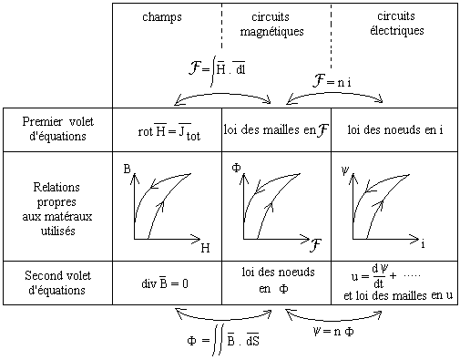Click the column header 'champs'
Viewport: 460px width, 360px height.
point(162,17)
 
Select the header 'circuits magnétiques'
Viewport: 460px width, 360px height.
point(271,25)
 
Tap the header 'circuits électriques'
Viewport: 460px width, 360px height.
point(397,24)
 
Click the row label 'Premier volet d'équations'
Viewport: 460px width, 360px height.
point(57,129)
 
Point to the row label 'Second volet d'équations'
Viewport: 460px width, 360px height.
point(57,283)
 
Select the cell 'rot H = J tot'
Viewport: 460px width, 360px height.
point(169,131)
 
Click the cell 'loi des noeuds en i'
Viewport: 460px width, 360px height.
point(395,130)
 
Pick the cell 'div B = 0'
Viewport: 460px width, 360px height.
point(165,283)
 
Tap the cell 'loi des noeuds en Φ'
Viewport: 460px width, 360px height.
point(278,280)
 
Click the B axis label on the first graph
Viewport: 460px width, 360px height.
point(128,169)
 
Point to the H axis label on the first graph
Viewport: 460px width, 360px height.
point(206,248)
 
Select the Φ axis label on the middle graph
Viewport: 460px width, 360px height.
point(236,168)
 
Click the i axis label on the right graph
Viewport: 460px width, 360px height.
point(423,244)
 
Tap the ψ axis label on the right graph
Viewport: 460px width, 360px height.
point(345,171)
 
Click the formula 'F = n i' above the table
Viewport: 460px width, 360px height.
point(332,81)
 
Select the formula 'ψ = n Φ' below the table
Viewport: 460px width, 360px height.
point(333,331)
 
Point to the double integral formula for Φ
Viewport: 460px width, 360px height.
point(223,340)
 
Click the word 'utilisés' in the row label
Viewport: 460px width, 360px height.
point(58,231)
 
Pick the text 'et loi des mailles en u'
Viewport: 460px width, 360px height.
point(398,295)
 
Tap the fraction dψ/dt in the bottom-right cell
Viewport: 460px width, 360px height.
point(380,276)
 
